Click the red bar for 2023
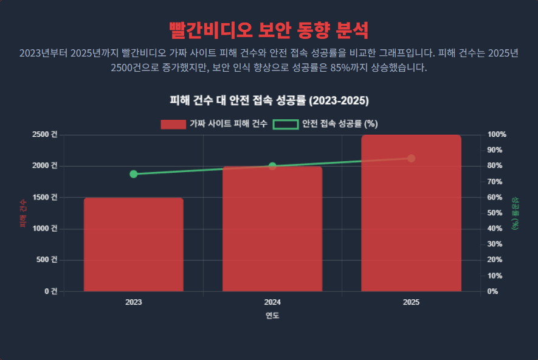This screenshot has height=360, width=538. pyautogui.click(x=134, y=244)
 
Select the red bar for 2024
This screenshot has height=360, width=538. pyautogui.click(x=272, y=229)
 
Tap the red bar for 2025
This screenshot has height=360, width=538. pyautogui.click(x=411, y=213)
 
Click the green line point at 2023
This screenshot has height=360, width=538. pyautogui.click(x=134, y=174)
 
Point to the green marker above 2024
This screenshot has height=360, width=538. pyautogui.click(x=272, y=166)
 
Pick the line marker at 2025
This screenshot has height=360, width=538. pyautogui.click(x=412, y=158)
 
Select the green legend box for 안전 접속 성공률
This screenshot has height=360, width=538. pyautogui.click(x=285, y=124)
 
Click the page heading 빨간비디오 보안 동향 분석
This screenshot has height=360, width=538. pyautogui.click(x=269, y=29)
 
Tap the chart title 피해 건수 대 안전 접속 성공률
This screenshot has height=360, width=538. pyautogui.click(x=269, y=100)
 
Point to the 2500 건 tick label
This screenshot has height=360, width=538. pyautogui.click(x=46, y=134)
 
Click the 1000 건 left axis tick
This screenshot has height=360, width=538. pyautogui.click(x=46, y=229)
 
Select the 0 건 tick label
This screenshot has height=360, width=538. pyautogui.click(x=50, y=291)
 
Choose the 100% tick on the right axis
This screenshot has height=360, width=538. pyautogui.click(x=497, y=134)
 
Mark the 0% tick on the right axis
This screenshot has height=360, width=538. pyautogui.click(x=493, y=291)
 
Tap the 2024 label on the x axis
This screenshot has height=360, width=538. pyautogui.click(x=272, y=302)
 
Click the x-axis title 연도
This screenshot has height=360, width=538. pyautogui.click(x=272, y=316)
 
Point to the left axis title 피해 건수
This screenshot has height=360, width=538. pyautogui.click(x=22, y=213)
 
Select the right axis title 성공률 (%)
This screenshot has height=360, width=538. pyautogui.click(x=515, y=213)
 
